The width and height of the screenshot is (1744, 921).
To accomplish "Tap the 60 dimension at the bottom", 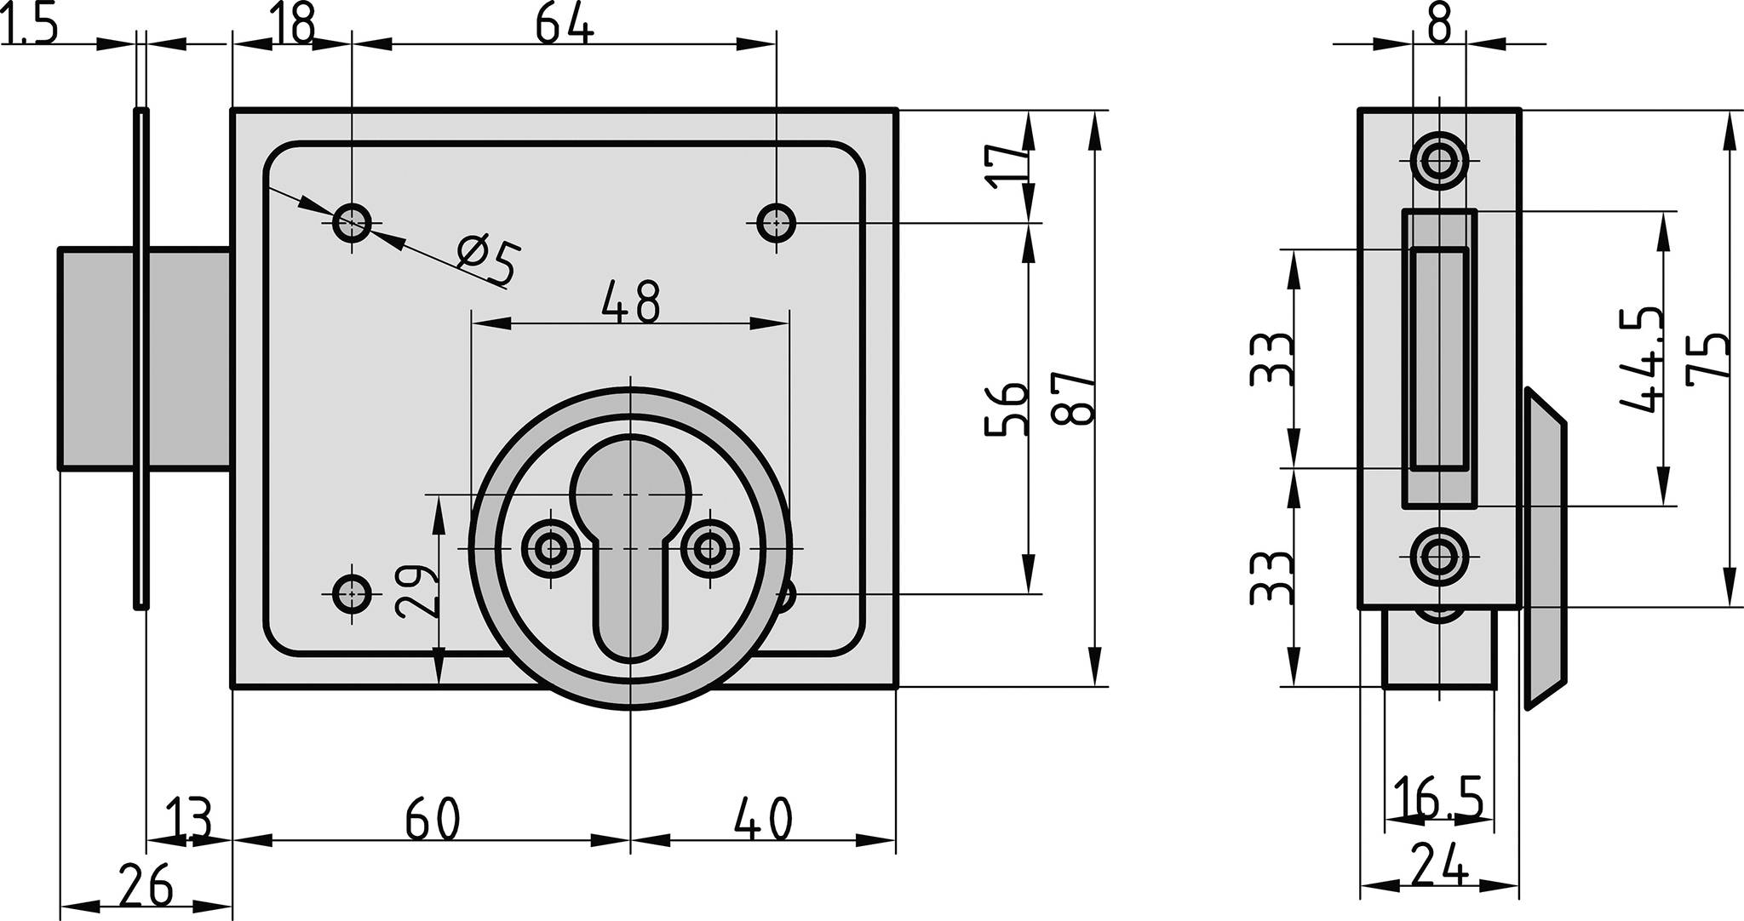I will pos(433,819).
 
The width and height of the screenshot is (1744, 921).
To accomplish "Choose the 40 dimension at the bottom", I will pos(764,819).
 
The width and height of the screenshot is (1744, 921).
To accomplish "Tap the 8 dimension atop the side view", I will pos(1439,26).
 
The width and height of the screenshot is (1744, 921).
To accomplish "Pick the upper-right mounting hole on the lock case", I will pos(776,224).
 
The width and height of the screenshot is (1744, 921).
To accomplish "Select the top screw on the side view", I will pos(1439,160).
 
